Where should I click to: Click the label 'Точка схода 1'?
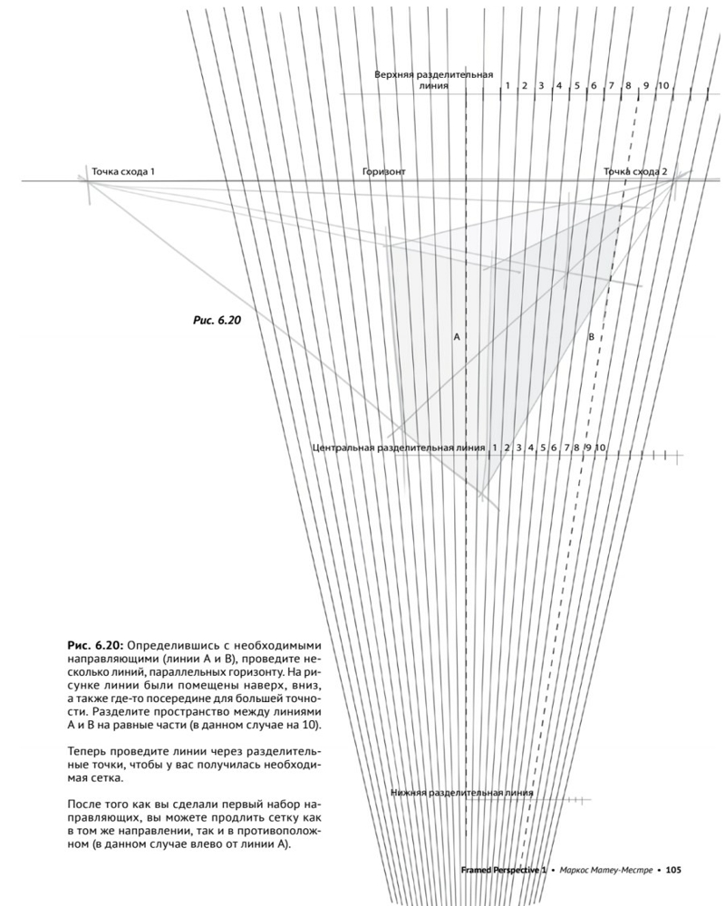pyautogui.click(x=129, y=171)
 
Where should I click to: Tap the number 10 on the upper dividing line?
pyautogui.click(x=663, y=85)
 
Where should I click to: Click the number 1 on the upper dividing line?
pyautogui.click(x=507, y=85)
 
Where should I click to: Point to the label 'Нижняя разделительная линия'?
pyautogui.click(x=462, y=793)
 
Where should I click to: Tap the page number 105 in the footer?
pyautogui.click(x=673, y=871)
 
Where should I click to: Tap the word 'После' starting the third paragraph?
pyautogui.click(x=85, y=805)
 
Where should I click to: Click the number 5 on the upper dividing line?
pyautogui.click(x=577, y=85)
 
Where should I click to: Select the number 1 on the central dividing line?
pyautogui.click(x=495, y=448)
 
